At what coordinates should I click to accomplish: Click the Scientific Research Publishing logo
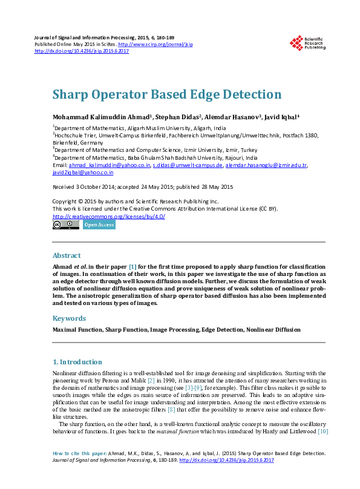tap(308, 43)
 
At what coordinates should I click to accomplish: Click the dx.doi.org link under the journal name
tap(82, 51)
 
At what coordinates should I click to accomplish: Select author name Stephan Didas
tap(180, 117)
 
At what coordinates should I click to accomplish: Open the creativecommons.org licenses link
tap(109, 216)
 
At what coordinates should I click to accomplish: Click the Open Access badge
tap(99, 225)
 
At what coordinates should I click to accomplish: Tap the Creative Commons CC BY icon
tap(65, 225)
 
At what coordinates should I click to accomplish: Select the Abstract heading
tap(67, 255)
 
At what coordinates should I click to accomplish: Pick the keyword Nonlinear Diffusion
tap(273, 330)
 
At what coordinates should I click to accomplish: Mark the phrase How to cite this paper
tap(80, 453)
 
